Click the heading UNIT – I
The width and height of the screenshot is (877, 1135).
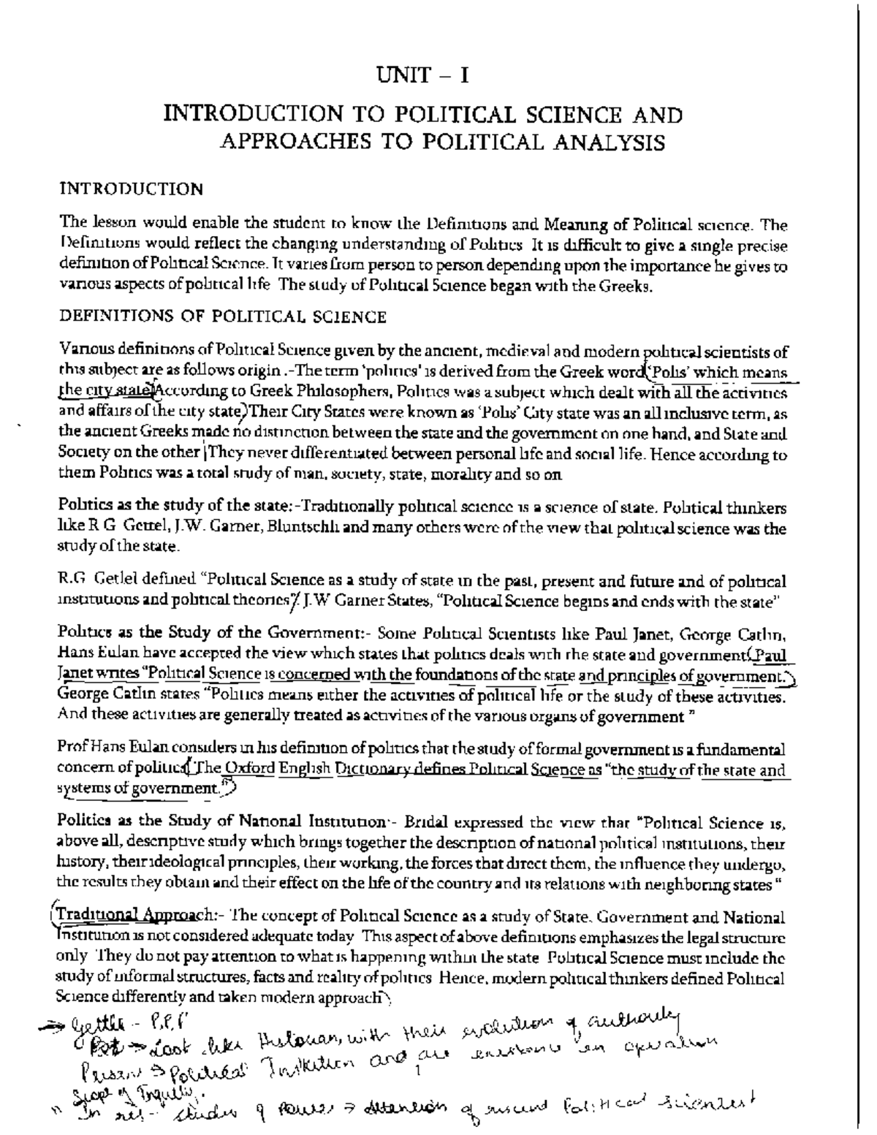click(x=422, y=75)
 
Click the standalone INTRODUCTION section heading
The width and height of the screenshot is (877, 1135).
click(x=132, y=189)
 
